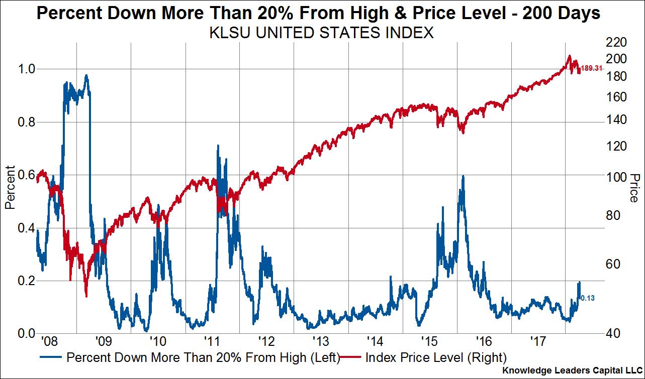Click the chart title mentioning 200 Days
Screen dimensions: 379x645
(x=319, y=13)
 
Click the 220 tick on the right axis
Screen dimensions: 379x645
(x=617, y=42)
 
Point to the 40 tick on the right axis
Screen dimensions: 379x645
(x=614, y=334)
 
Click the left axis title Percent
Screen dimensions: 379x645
(x=9, y=188)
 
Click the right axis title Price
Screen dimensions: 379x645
(x=634, y=188)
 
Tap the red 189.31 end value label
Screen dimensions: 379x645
(x=591, y=68)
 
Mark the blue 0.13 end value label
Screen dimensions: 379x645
(x=588, y=298)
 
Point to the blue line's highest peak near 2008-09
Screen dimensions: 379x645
(x=86, y=76)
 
